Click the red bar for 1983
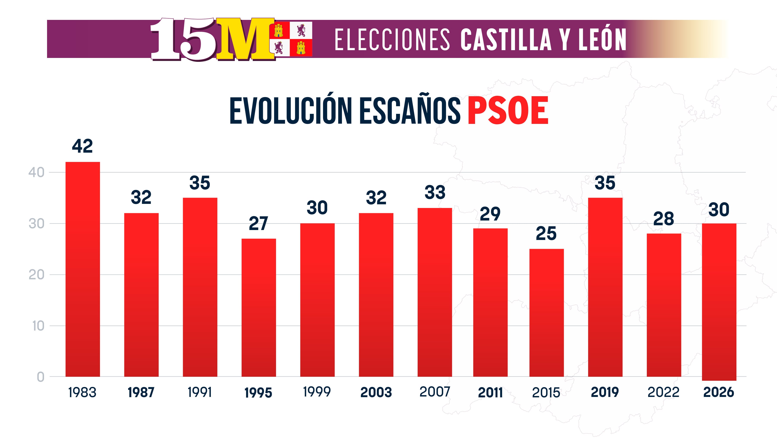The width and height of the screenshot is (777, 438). (83, 269)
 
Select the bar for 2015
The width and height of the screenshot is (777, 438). (546, 313)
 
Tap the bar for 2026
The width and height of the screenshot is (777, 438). (719, 301)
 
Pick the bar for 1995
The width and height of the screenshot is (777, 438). (259, 307)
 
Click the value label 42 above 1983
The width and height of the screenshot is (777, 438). (82, 146)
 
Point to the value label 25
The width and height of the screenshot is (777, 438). (546, 233)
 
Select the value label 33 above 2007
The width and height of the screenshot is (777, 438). (435, 192)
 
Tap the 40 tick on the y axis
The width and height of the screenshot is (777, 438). (36, 173)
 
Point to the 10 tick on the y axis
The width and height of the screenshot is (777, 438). (38, 326)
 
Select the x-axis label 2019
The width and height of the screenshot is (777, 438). (605, 392)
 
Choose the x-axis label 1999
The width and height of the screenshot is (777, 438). (317, 392)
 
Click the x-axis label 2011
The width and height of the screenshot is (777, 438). (490, 392)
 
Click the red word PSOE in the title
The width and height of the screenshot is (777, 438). (508, 111)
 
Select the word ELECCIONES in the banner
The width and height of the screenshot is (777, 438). (392, 40)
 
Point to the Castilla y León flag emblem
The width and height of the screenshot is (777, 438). (293, 39)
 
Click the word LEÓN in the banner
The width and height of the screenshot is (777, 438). (602, 39)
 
